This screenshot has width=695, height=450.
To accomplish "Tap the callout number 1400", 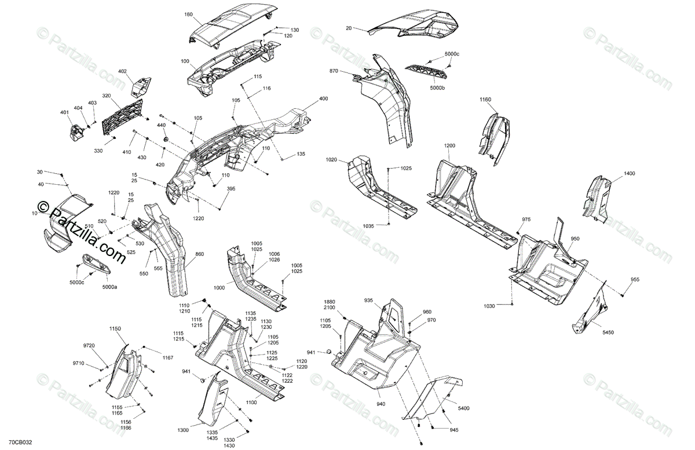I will pos(630,173).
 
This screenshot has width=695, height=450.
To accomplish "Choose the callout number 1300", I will pos(183,430).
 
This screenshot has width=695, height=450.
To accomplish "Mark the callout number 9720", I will pos(89,345).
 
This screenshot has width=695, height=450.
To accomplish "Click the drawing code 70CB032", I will pos(20,440).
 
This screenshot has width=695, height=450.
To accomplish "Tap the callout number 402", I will pos(122,71).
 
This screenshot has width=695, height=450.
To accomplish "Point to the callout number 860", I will pos(199,254).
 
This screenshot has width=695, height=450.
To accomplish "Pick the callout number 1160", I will pos(485,100).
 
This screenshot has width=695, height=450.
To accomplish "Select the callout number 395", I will pos(231,189).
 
